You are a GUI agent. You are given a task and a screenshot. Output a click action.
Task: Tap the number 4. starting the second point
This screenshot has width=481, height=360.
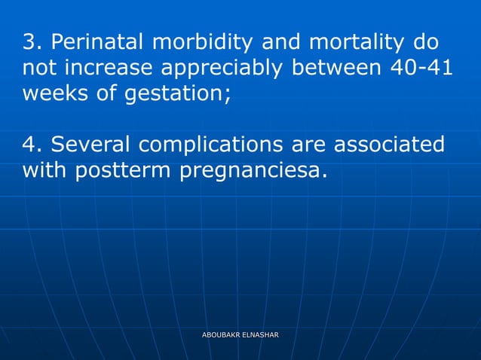[31, 145]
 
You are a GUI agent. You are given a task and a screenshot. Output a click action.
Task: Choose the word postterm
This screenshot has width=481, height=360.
[124, 172]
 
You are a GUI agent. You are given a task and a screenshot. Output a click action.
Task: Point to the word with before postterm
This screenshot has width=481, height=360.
[45, 170]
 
